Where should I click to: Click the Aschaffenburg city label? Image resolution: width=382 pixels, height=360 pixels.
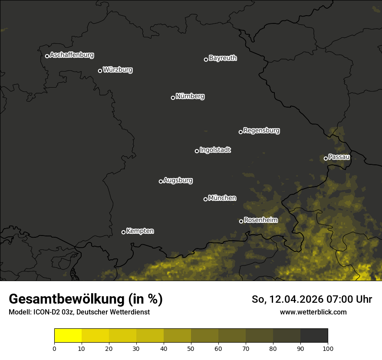pos(72,55)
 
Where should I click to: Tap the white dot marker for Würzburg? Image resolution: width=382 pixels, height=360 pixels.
pos(100,71)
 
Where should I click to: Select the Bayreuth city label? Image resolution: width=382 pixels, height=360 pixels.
pos(223,58)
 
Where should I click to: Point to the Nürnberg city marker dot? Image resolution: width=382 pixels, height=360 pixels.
pos(173,98)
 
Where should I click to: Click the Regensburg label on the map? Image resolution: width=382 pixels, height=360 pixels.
pos(261,131)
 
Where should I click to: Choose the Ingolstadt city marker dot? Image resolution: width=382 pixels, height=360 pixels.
pos(197,151)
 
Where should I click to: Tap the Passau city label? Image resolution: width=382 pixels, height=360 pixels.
pos(339,157)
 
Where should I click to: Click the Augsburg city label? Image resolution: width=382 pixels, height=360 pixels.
pos(178,180)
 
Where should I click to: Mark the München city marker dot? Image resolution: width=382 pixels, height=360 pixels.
pos(205,199)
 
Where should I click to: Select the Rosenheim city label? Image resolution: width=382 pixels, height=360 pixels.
pos(260,220)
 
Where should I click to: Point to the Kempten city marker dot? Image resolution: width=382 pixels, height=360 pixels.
pos(123,232)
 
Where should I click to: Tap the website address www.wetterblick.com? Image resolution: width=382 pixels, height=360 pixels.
pos(313,312)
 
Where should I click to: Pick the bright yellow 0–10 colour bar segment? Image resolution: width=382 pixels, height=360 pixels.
pos(68,336)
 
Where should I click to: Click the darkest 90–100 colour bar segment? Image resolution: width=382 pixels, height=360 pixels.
pos(314,336)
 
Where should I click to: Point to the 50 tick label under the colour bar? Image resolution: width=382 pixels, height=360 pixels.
pos(191,348)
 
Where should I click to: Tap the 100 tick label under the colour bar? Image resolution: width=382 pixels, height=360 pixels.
pos(328,348)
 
